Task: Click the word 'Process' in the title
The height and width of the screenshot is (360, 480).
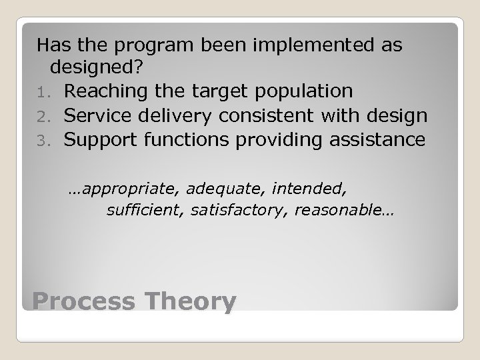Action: [x=82, y=301]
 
